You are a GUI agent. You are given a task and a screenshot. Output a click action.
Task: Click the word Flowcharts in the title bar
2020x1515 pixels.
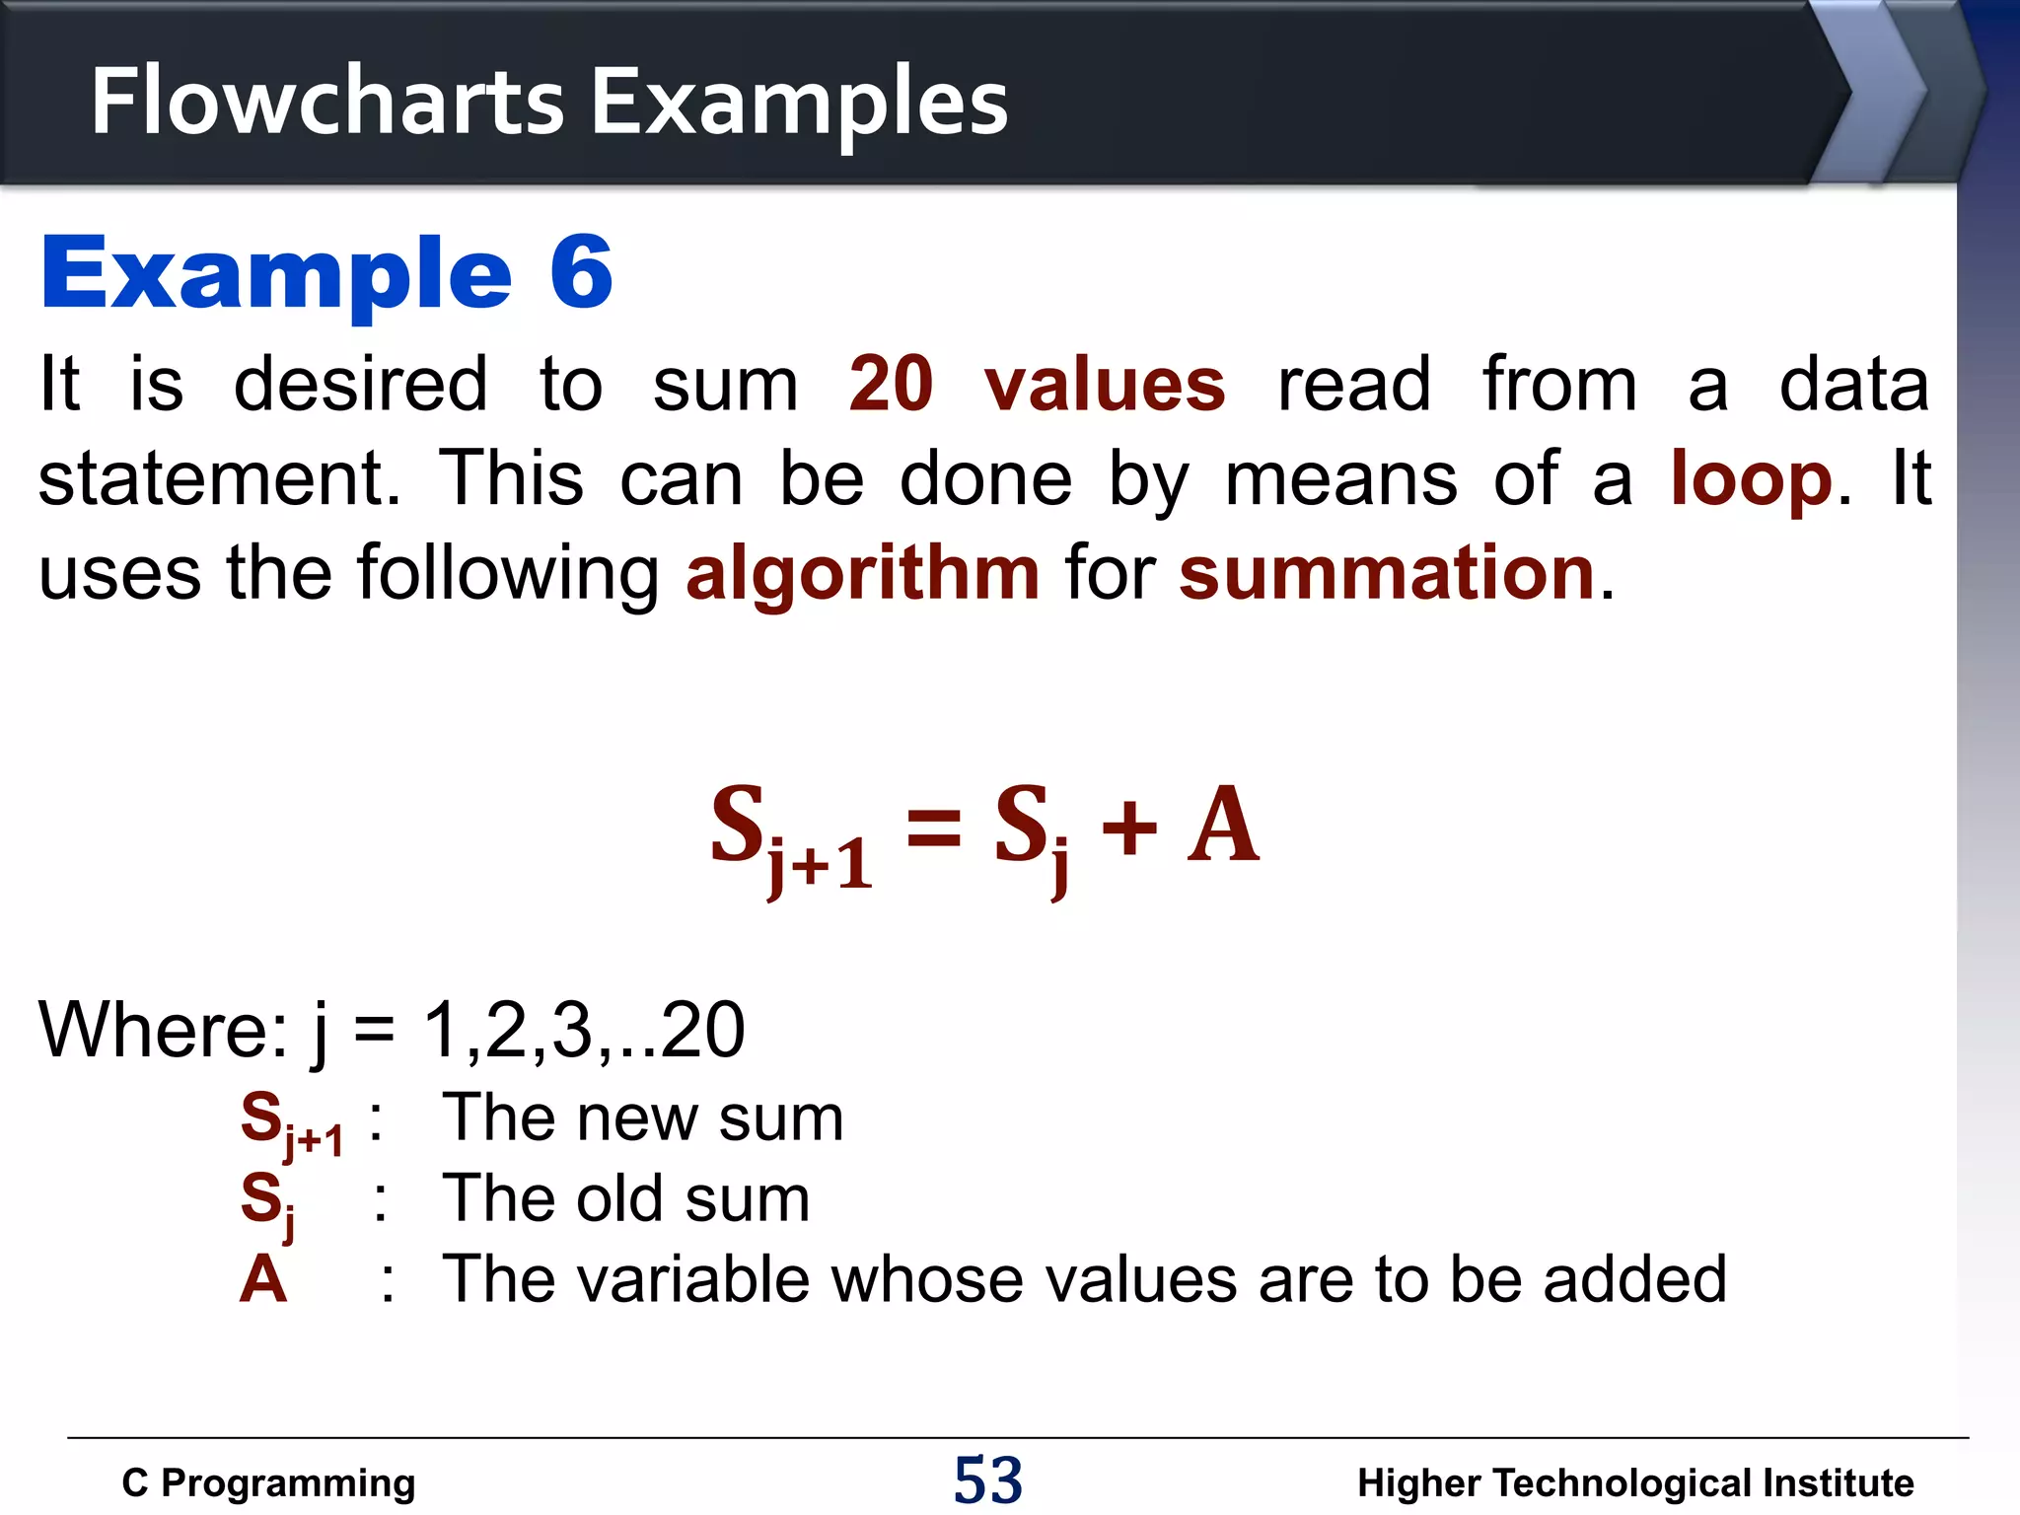tap(326, 101)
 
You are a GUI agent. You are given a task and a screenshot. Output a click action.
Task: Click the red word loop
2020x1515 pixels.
tap(1751, 479)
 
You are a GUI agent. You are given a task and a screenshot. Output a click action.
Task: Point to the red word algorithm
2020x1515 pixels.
tap(863, 574)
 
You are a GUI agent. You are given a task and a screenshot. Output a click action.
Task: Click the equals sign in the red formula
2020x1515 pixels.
tap(933, 827)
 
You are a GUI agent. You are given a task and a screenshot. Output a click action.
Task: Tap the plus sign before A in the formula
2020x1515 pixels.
tap(1129, 827)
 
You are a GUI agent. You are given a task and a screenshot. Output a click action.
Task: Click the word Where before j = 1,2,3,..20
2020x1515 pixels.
tap(163, 1030)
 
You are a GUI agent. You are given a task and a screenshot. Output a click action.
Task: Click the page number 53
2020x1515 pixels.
tap(988, 1479)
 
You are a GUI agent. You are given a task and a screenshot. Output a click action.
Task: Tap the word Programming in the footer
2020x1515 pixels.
tap(288, 1482)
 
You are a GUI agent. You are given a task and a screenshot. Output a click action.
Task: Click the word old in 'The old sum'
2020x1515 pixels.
tap(619, 1199)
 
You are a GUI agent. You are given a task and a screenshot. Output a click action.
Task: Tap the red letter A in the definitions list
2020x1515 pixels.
tap(263, 1280)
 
